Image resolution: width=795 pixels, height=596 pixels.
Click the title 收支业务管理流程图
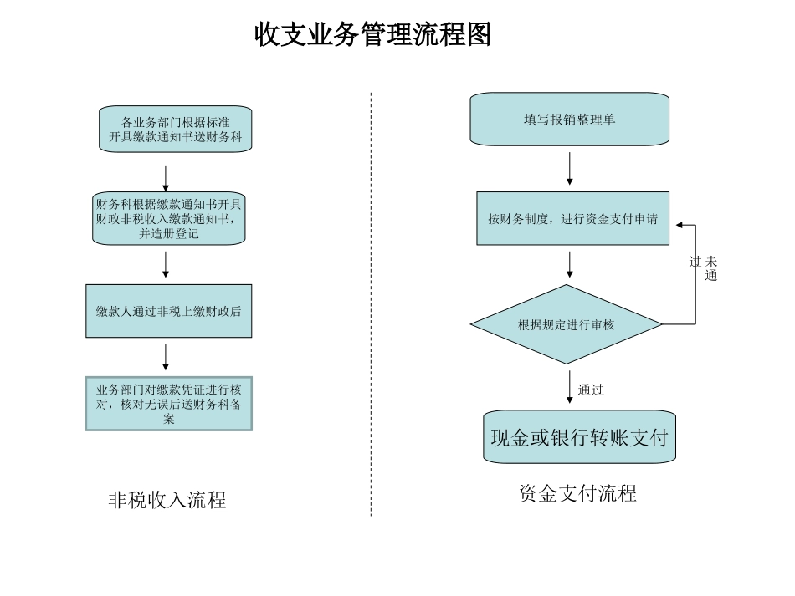click(x=372, y=35)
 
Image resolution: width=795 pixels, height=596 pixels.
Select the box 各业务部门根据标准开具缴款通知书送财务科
click(x=175, y=129)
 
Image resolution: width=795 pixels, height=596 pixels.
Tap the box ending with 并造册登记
click(x=168, y=218)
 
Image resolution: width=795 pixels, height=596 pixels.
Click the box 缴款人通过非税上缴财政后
click(x=168, y=311)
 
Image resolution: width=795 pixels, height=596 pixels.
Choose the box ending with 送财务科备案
click(x=168, y=404)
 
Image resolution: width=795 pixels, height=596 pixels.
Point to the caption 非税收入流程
click(x=167, y=501)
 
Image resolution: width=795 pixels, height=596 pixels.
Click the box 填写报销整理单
click(x=569, y=120)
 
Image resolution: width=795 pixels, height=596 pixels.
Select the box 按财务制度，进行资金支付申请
click(x=572, y=219)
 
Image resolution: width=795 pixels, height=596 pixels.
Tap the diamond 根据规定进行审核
click(x=567, y=324)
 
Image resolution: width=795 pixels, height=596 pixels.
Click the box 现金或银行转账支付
click(x=579, y=437)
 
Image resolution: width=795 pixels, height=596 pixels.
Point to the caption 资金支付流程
click(x=577, y=494)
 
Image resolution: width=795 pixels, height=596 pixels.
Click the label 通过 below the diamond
click(x=590, y=390)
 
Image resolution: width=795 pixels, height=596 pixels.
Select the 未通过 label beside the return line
click(x=704, y=267)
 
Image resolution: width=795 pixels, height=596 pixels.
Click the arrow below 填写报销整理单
click(x=570, y=169)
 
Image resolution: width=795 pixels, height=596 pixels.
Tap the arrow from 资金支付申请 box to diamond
click(x=570, y=264)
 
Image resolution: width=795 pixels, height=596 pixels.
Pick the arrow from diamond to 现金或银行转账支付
click(x=570, y=386)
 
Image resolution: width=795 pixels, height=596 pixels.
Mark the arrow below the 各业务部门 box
click(x=166, y=177)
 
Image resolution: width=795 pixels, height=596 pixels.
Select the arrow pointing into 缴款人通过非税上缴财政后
click(x=166, y=264)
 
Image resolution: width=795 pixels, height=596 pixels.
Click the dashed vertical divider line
click(x=371, y=301)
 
